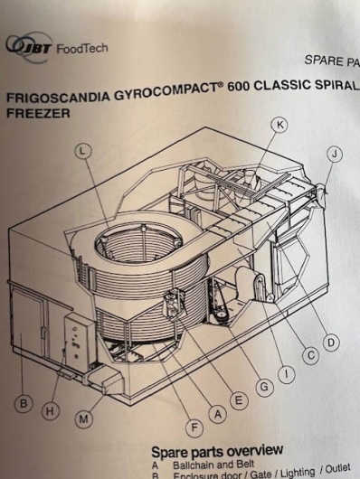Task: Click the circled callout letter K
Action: tap(279, 125)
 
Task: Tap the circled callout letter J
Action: tap(335, 155)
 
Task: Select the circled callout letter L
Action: tap(83, 151)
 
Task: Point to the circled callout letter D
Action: tap(331, 343)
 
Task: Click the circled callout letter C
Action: tap(311, 356)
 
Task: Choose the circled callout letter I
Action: tap(287, 374)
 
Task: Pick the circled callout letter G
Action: tap(264, 388)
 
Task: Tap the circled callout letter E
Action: tap(239, 400)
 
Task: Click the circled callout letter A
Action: tap(218, 415)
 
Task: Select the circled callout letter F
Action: tap(194, 428)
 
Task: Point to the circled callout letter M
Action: tap(83, 419)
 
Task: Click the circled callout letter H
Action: tap(51, 411)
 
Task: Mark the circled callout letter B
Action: tap(24, 404)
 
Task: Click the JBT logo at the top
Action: tap(29, 47)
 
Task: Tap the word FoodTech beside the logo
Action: tap(82, 48)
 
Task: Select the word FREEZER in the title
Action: tap(38, 114)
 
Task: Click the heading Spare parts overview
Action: tap(217, 451)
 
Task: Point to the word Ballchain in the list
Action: tap(191, 465)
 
